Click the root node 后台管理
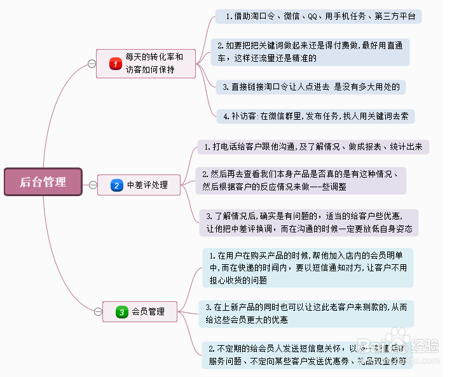pyautogui.click(x=43, y=182)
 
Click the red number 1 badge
pyautogui.click(x=115, y=64)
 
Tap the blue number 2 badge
pyautogui.click(x=116, y=185)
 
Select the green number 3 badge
pyautogui.click(x=122, y=312)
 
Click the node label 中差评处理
pyautogui.click(x=147, y=185)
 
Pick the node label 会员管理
pyautogui.click(x=148, y=312)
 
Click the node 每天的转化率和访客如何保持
pyautogui.click(x=154, y=64)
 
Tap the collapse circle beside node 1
pyautogui.click(x=92, y=64)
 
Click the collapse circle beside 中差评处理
pyautogui.click(x=93, y=185)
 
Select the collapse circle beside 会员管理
pyautogui.click(x=98, y=312)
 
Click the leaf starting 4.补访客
pyautogui.click(x=316, y=117)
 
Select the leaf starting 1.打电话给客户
pyautogui.click(x=313, y=146)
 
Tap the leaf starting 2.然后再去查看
pyautogui.click(x=300, y=181)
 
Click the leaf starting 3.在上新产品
pyautogui.click(x=306, y=313)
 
